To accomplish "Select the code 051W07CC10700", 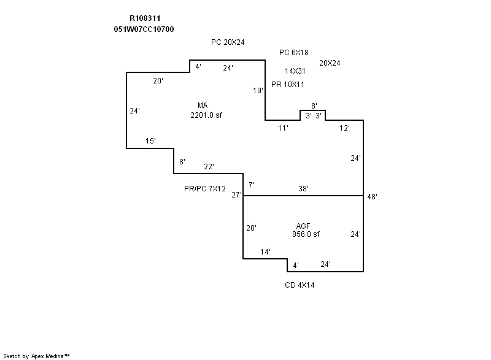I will tap(144, 29).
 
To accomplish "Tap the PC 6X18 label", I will tap(294, 53).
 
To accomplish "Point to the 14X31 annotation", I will tap(295, 71).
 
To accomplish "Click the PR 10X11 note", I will tap(288, 84).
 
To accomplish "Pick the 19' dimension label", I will tap(258, 91).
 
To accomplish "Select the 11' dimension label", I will tap(283, 128).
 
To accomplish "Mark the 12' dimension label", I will tap(345, 128).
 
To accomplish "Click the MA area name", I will tap(203, 105).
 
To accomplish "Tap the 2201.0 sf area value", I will tap(206, 114).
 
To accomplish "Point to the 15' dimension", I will tap(150, 141).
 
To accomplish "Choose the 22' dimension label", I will tap(209, 167).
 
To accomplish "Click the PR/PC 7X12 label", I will tap(205, 188).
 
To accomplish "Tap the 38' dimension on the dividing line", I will tap(303, 189).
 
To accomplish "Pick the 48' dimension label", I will tap(372, 197).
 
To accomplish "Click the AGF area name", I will tap(303, 226).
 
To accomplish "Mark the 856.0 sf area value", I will tap(306, 234).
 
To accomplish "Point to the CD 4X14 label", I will tap(300, 285).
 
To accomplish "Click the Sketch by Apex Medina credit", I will tap(37, 355).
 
